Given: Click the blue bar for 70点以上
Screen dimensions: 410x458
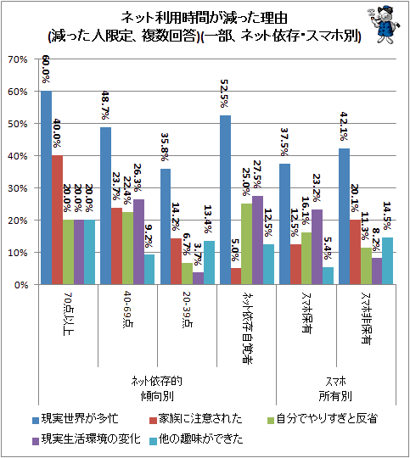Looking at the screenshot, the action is pyautogui.click(x=46, y=187).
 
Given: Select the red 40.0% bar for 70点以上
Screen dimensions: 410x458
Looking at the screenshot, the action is pyautogui.click(x=58, y=220).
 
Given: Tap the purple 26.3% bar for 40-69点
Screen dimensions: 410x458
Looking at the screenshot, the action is pyautogui.click(x=138, y=242).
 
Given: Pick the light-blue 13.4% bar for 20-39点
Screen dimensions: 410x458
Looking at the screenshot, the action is pyautogui.click(x=209, y=263).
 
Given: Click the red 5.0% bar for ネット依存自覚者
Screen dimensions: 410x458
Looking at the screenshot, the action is pyautogui.click(x=236, y=276).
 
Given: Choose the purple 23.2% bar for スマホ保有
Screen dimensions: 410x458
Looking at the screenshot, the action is pyautogui.click(x=317, y=247).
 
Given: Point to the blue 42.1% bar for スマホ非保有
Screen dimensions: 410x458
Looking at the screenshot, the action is pyautogui.click(x=344, y=216).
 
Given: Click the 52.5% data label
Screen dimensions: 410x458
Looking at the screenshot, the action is pyautogui.click(x=224, y=93).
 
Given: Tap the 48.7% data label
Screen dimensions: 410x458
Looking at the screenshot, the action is pyautogui.click(x=105, y=105).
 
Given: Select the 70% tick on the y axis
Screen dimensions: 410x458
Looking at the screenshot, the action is pyautogui.click(x=18, y=59).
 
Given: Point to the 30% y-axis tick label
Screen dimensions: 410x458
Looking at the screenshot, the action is pyautogui.click(x=18, y=188).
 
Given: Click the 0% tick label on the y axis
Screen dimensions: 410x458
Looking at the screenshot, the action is pyautogui.click(x=21, y=285).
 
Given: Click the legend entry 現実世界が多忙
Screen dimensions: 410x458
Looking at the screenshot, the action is pyautogui.click(x=76, y=419).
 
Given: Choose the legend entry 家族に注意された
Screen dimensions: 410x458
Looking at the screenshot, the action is pyautogui.click(x=195, y=419).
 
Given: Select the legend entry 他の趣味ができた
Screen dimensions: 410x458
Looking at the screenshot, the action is pyautogui.click(x=196, y=439).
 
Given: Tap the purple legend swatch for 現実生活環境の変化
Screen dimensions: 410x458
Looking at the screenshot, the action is pyautogui.click(x=36, y=440).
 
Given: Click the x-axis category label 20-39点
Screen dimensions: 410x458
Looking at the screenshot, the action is pyautogui.click(x=186, y=310).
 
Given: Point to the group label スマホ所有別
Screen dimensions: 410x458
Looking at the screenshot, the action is pyautogui.click(x=335, y=388).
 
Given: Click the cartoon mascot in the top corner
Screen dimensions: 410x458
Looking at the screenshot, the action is pyautogui.click(x=383, y=25).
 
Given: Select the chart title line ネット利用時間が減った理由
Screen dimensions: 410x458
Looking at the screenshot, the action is pyautogui.click(x=204, y=18).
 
